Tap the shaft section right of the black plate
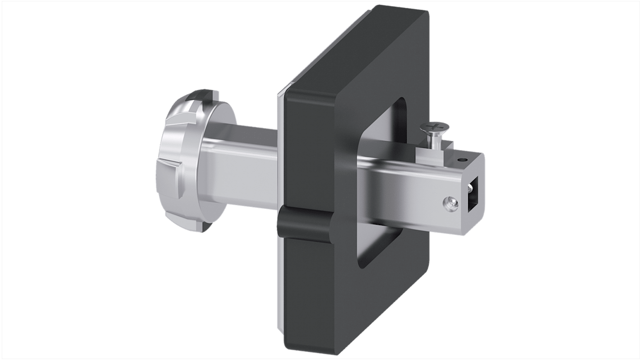397,189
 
